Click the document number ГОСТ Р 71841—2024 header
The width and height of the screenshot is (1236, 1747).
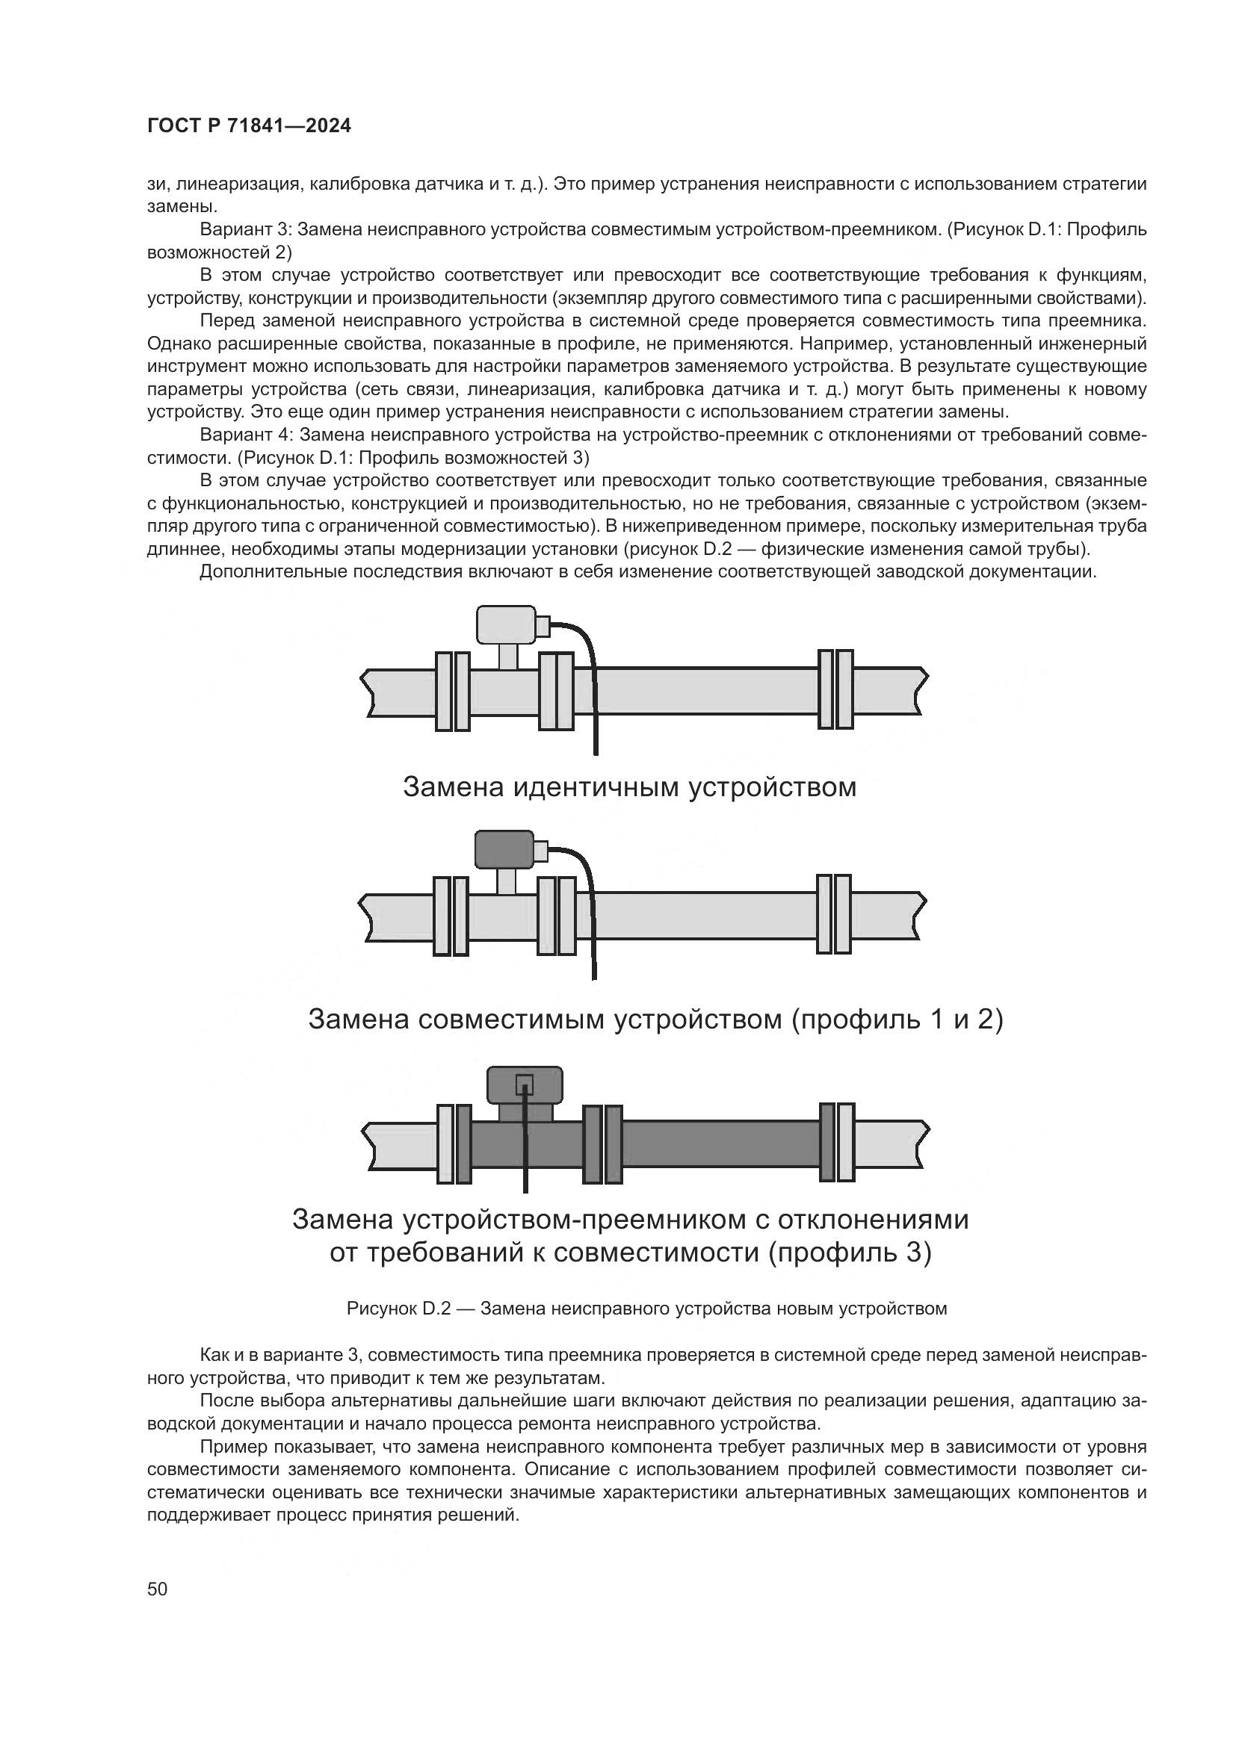[249, 126]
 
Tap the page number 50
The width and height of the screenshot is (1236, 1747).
[158, 1589]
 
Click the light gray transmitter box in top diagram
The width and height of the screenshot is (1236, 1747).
[505, 624]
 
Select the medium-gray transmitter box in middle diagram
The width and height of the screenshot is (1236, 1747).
[504, 849]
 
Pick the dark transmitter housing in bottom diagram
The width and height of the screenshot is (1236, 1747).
[525, 1084]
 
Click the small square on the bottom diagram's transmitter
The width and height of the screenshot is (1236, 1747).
[525, 1084]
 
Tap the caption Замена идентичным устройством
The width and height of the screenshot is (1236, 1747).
[628, 786]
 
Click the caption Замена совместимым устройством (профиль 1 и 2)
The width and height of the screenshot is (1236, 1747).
[655, 1019]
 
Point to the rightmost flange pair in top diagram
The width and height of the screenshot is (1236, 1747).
[835, 689]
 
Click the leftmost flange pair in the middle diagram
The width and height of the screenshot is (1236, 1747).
[451, 916]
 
